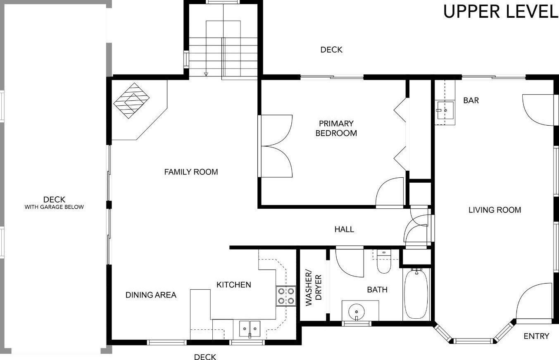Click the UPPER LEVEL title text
(x=500, y=12)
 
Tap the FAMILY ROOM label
(x=191, y=172)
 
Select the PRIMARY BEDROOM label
(x=336, y=128)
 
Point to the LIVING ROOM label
(x=495, y=210)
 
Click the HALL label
(x=344, y=229)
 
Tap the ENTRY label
(x=536, y=336)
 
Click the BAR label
(x=471, y=100)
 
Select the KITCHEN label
(x=233, y=285)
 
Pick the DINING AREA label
(x=151, y=295)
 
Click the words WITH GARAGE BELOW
(x=54, y=207)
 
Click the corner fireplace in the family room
(x=131, y=100)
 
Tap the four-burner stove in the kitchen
(x=286, y=296)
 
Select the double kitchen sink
(x=250, y=329)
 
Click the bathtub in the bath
(x=416, y=295)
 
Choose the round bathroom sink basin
(x=357, y=312)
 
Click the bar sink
(x=445, y=110)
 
